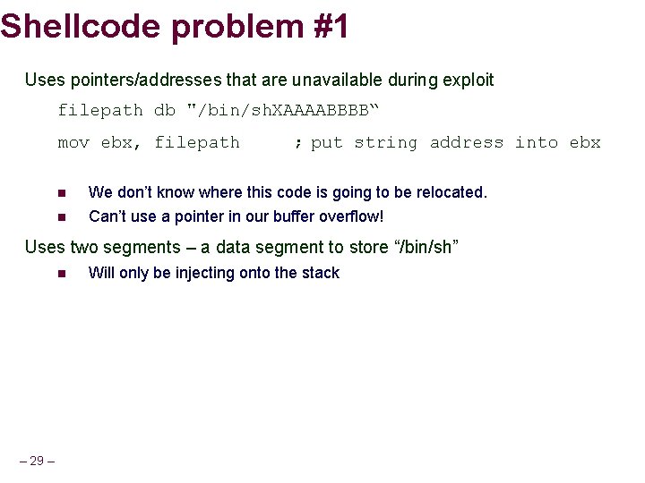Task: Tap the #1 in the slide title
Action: (x=331, y=26)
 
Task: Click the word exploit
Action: (x=466, y=80)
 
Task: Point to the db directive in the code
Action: (x=165, y=110)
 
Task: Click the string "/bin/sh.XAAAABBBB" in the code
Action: (x=282, y=110)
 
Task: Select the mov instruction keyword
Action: (x=73, y=142)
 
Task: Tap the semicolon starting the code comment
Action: (x=297, y=142)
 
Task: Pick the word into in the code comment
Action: (x=536, y=142)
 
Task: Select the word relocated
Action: (x=451, y=192)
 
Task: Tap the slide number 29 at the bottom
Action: (x=37, y=461)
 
